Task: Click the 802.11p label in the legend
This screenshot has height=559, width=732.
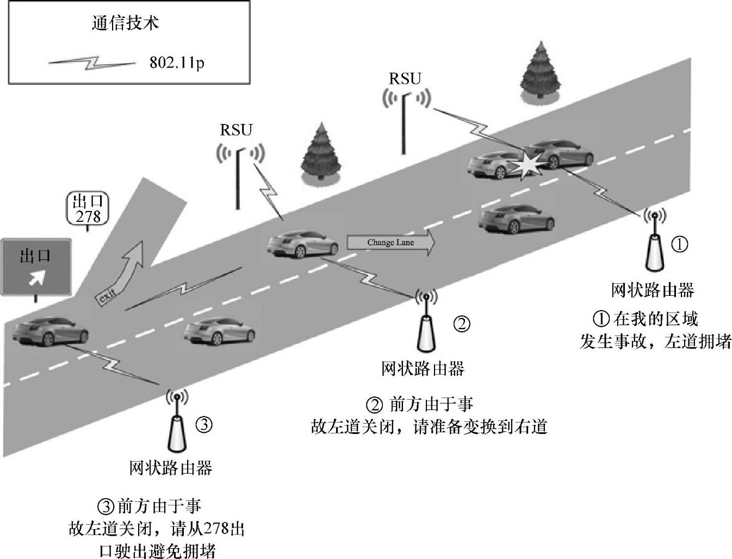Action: point(177,63)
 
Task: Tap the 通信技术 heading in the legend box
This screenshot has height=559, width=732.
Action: point(125,23)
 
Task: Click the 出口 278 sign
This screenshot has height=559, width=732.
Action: point(88,209)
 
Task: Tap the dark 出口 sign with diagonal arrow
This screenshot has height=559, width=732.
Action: point(35,266)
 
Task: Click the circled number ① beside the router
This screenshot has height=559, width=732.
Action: point(679,244)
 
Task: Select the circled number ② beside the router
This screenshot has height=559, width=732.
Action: point(462,324)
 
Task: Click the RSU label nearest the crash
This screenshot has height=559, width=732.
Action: point(405,79)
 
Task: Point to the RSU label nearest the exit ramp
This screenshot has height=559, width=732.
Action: point(236,130)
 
